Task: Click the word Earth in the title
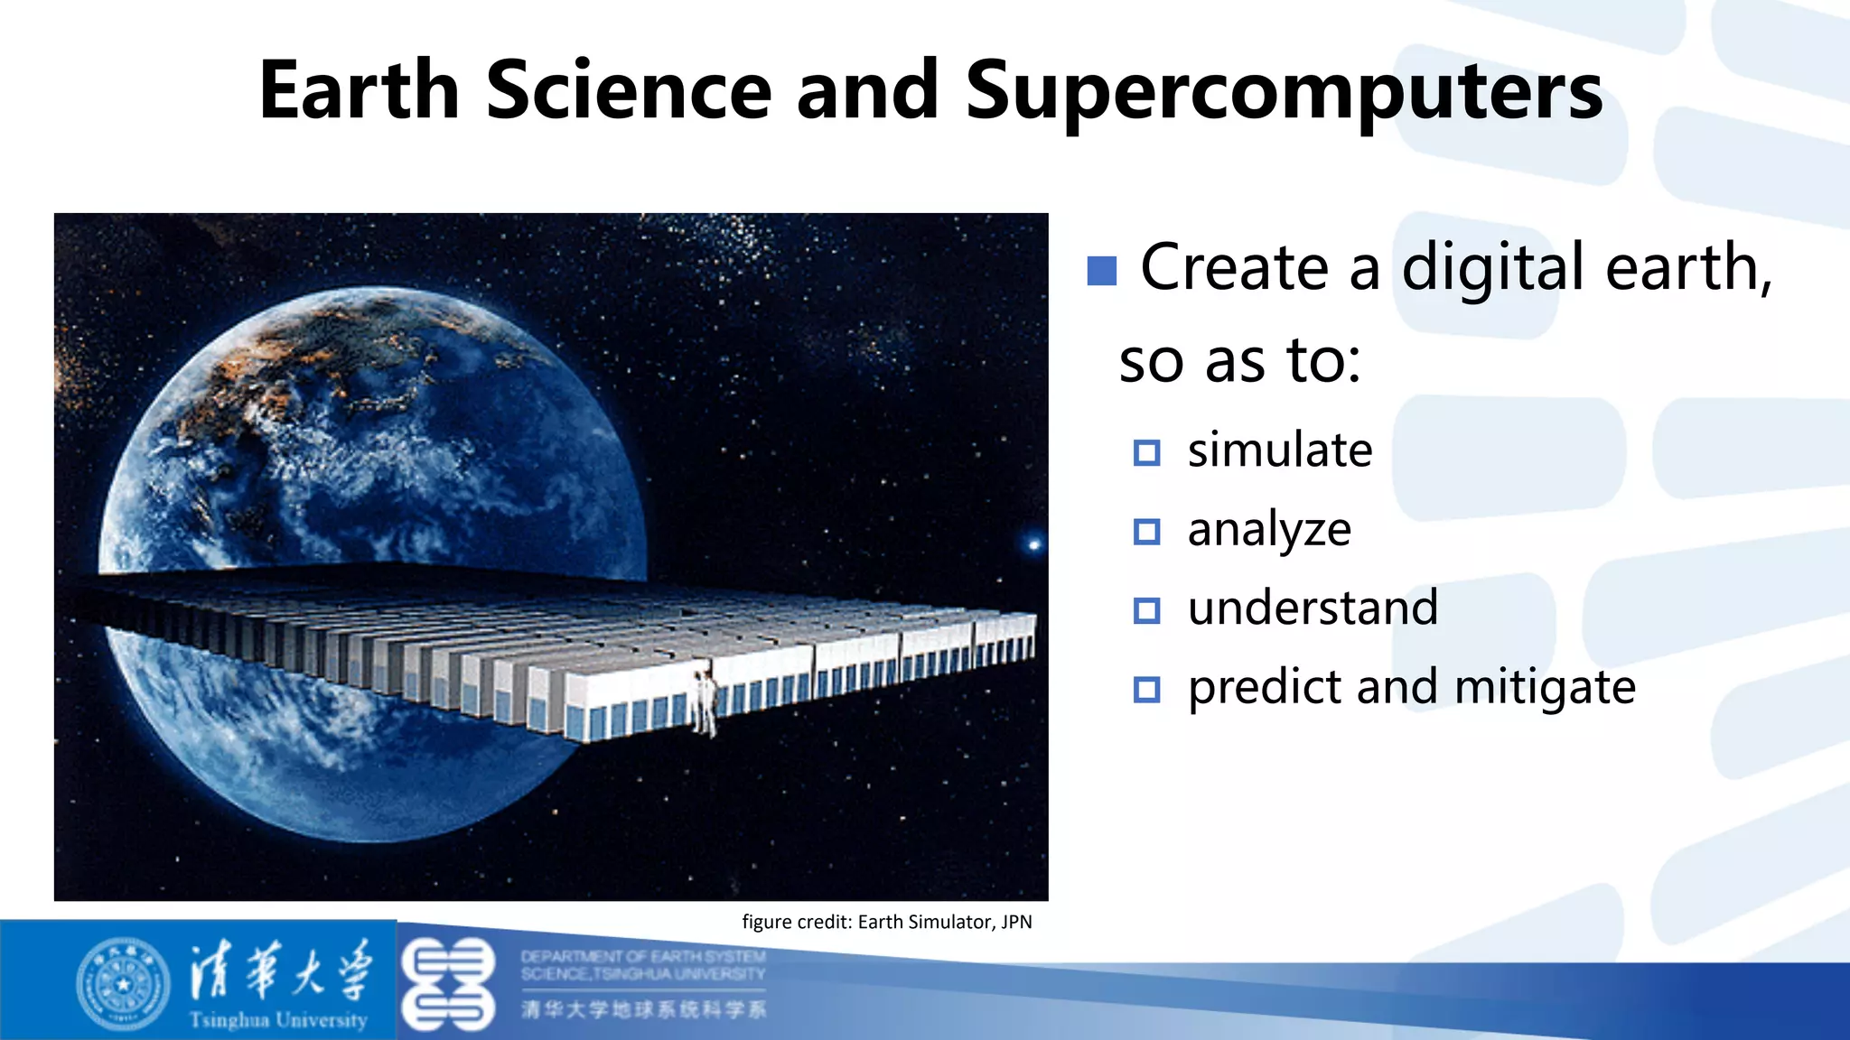point(359,90)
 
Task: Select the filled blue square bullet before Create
point(1101,270)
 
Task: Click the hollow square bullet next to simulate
point(1146,452)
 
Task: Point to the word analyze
point(1268,530)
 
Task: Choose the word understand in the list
point(1312,608)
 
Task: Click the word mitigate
point(1545,688)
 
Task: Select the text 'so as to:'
point(1239,360)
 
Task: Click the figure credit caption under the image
point(886,922)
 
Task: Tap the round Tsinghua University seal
point(123,984)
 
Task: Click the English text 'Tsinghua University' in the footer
point(278,1020)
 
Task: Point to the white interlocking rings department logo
point(448,984)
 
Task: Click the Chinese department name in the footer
point(643,1009)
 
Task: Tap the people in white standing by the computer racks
point(704,702)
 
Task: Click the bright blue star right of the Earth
point(1034,543)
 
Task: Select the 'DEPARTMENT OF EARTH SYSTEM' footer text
point(643,956)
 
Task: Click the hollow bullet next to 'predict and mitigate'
point(1146,690)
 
